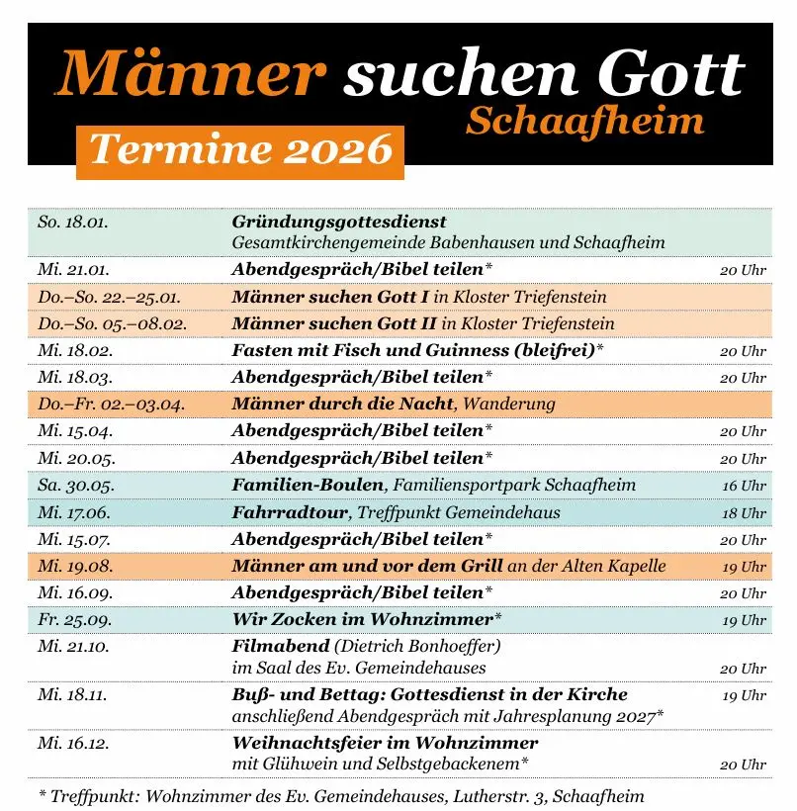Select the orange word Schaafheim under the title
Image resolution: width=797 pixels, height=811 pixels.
click(585, 121)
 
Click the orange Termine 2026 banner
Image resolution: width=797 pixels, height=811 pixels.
click(240, 151)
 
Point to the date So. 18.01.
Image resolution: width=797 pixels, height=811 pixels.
click(72, 222)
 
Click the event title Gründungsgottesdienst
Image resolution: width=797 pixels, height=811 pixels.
click(339, 222)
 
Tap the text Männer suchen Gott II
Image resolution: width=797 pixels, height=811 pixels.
click(334, 323)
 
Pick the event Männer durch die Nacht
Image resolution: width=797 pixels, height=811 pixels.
click(342, 404)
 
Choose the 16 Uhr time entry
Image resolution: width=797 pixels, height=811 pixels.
click(744, 486)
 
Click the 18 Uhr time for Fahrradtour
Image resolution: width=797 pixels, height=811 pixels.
click(744, 513)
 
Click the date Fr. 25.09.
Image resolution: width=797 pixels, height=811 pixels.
click(74, 620)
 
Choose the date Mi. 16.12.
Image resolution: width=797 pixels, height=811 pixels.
click(73, 743)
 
